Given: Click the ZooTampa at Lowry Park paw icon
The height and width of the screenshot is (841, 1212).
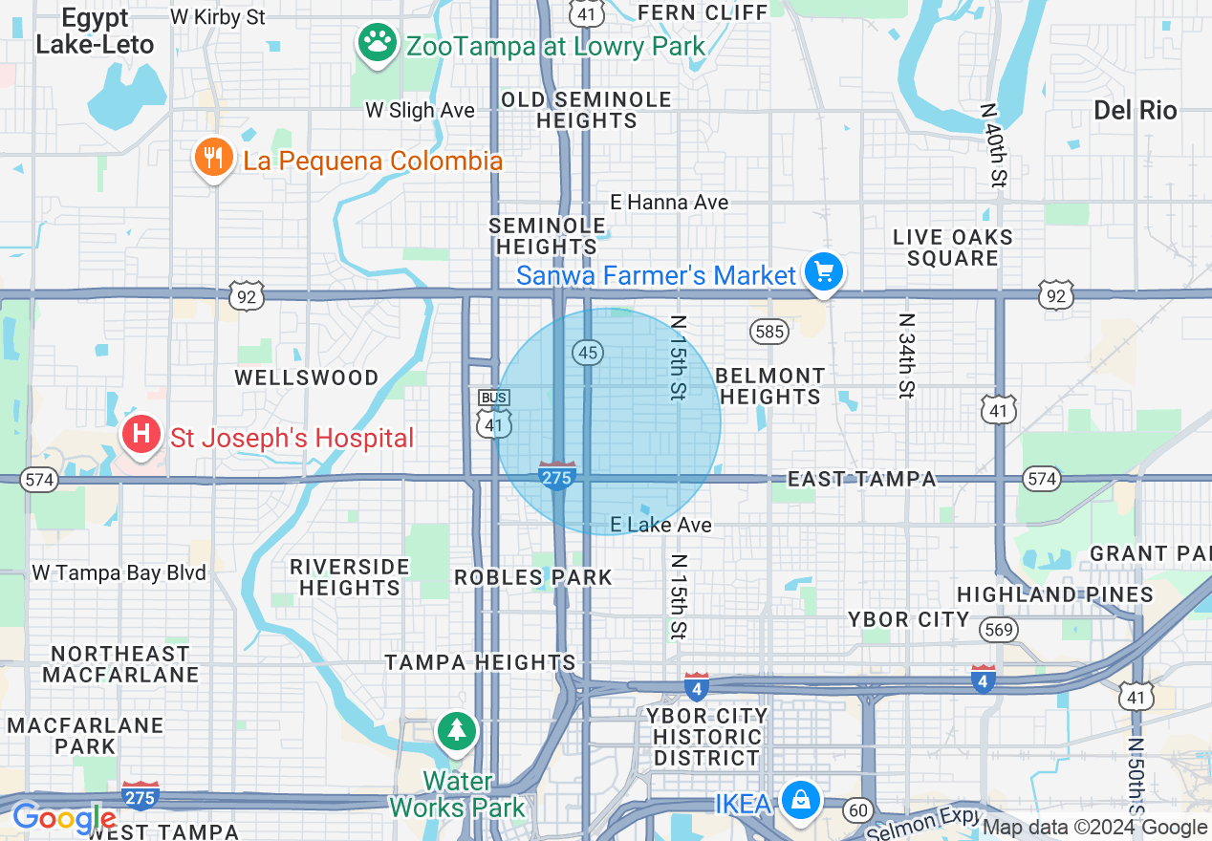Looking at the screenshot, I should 378,43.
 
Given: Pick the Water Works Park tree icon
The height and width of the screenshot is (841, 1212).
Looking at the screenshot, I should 458,731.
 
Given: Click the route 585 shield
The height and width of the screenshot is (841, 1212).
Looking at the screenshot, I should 769,332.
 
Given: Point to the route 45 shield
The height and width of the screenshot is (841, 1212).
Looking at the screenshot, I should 588,353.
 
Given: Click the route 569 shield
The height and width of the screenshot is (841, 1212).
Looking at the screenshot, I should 999,629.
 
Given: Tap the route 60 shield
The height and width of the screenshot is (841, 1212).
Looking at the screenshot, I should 859,811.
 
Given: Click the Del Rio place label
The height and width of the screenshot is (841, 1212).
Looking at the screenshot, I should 1136,110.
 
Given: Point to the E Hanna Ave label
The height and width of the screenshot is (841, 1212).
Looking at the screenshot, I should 669,203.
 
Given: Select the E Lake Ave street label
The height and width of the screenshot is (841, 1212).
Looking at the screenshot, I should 661,525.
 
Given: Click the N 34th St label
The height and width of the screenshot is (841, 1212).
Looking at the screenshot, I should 906,356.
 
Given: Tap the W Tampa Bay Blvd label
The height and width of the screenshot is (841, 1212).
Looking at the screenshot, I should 119,573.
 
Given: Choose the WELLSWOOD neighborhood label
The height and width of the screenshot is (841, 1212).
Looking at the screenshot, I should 307,377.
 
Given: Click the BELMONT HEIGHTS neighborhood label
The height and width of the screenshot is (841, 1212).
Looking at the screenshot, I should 769,386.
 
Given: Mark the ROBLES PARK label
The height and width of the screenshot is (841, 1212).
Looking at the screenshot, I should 533,577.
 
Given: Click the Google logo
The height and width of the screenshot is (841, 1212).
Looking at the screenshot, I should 63,819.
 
